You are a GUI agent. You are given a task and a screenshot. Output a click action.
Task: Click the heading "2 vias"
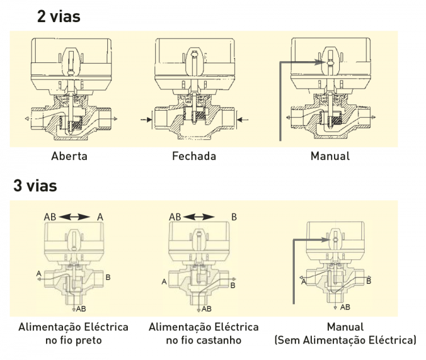point(59,16)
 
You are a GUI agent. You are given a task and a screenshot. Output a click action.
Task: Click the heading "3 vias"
point(35,186)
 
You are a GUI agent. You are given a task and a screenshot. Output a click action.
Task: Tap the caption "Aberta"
point(69,156)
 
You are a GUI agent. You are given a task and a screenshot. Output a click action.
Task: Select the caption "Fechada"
point(194,156)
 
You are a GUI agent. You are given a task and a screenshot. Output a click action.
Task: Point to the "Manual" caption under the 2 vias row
point(330,156)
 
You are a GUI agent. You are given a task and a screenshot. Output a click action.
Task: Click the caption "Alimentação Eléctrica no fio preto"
point(73,334)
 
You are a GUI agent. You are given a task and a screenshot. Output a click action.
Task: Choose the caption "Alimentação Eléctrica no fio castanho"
point(203,334)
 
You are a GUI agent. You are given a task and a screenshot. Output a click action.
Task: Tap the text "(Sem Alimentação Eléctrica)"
point(345,341)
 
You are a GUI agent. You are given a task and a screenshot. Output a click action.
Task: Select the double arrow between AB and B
point(200,216)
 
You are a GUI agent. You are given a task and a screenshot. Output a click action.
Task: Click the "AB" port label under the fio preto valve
point(81,309)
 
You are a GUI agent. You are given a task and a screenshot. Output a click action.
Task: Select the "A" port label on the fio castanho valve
point(164,281)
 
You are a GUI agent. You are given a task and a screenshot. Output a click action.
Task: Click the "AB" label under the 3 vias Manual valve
point(345,307)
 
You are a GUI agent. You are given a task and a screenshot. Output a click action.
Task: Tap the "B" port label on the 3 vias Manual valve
point(369,281)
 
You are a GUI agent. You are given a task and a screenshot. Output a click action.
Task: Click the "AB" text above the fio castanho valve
point(174,216)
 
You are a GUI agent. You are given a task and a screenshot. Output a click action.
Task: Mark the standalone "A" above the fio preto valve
point(100,216)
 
